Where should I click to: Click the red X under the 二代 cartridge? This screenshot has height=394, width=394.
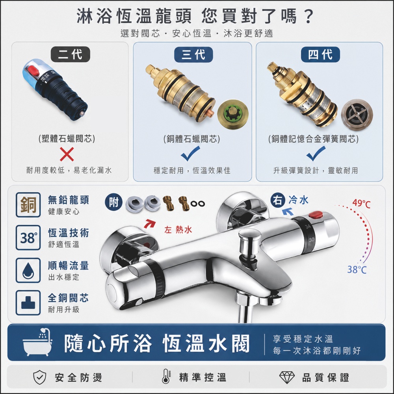pyautogui.click(x=67, y=154)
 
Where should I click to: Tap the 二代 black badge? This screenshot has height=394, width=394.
pyautogui.click(x=71, y=54)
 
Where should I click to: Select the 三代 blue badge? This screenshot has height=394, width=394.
pyautogui.click(x=193, y=54)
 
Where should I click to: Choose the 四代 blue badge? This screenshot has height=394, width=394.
pyautogui.click(x=320, y=54)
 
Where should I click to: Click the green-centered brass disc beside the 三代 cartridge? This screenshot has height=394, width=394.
pyautogui.click(x=233, y=114)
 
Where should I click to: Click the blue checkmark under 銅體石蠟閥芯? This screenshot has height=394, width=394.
pyautogui.click(x=190, y=153)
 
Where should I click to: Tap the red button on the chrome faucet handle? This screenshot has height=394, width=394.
pyautogui.click(x=316, y=215)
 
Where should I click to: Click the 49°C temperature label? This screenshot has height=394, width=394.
pyautogui.click(x=361, y=203)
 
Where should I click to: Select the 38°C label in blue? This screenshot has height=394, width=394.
pyautogui.click(x=357, y=269)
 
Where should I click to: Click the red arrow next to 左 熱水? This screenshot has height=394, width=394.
pyautogui.click(x=150, y=223)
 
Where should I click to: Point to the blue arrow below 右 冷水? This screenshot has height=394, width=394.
pyautogui.click(x=288, y=212)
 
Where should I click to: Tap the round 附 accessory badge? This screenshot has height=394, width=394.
pyautogui.click(x=113, y=202)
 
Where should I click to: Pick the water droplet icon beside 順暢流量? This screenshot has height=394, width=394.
pyautogui.click(x=28, y=270)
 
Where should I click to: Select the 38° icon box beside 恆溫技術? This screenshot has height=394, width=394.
pyautogui.click(x=28, y=238)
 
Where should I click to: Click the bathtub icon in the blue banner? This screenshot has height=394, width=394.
pyautogui.click(x=37, y=342)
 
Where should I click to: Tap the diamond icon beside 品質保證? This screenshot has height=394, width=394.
pyautogui.click(x=287, y=377)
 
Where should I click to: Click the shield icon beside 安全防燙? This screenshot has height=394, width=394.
pyautogui.click(x=40, y=377)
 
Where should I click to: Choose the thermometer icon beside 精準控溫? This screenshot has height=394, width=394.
pyautogui.click(x=166, y=376)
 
